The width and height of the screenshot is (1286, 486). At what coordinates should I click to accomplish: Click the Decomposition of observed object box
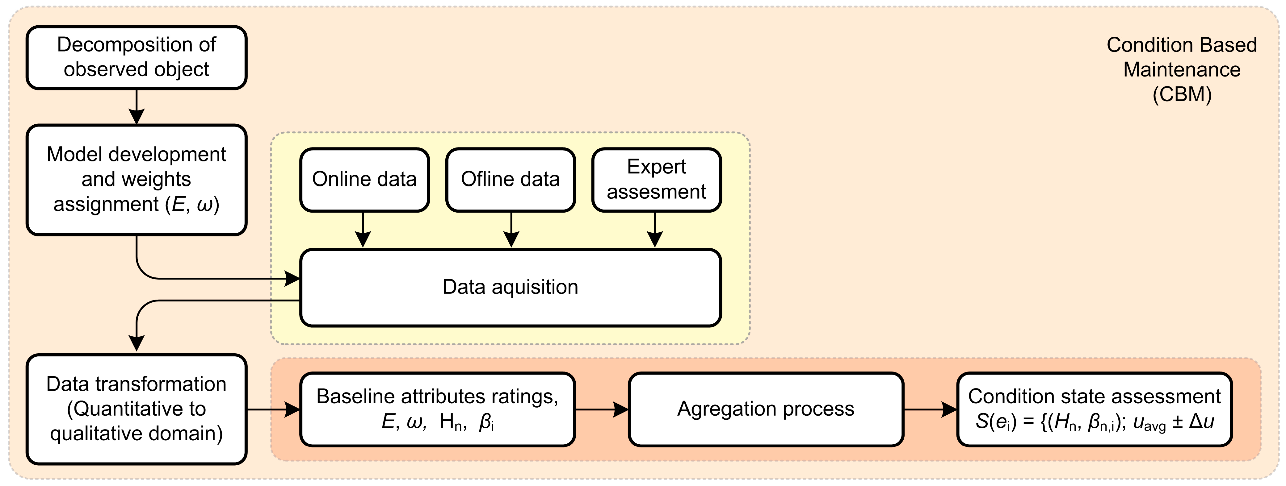(136, 57)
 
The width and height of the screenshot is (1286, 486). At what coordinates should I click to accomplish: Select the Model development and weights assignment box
(136, 180)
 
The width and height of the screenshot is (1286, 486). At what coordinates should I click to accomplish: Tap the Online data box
(364, 180)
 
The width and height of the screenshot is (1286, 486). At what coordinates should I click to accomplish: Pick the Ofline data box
(510, 180)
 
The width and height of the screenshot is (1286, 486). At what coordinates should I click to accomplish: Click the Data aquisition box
(510, 287)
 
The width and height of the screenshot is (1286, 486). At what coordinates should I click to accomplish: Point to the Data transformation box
(136, 409)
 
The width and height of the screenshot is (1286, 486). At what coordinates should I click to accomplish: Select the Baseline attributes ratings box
(437, 409)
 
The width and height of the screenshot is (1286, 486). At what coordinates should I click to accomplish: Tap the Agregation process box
(766, 409)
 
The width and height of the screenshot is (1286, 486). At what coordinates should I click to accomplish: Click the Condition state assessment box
(1094, 409)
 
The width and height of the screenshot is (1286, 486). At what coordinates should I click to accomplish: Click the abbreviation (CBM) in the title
(1182, 95)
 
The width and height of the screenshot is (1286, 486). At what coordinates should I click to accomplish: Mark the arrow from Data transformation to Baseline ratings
(274, 410)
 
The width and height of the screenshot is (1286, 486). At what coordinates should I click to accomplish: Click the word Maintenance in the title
(1182, 70)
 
